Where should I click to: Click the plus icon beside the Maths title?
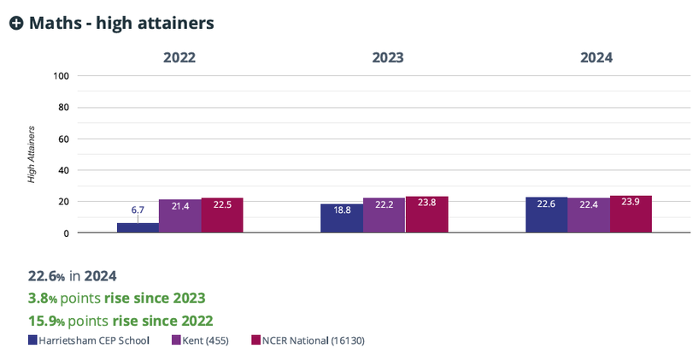pyautogui.click(x=16, y=24)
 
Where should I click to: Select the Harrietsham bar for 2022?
pyautogui.click(x=137, y=227)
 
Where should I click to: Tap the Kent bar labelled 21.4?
pyautogui.click(x=179, y=216)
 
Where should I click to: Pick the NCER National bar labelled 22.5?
pyautogui.click(x=222, y=215)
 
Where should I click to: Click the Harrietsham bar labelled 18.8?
pyautogui.click(x=341, y=218)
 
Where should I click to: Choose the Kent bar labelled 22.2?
pyautogui.click(x=384, y=215)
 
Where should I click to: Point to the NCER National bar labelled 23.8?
pyautogui.click(x=426, y=215)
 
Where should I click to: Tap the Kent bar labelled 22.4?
pyautogui.click(x=588, y=215)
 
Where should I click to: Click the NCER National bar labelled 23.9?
pyautogui.click(x=631, y=215)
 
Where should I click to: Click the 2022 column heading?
pyautogui.click(x=179, y=58)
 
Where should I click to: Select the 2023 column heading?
pyautogui.click(x=387, y=58)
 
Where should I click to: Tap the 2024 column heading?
pyautogui.click(x=596, y=58)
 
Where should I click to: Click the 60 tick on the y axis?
pyautogui.click(x=62, y=139)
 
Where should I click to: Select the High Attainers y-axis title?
pyautogui.click(x=32, y=155)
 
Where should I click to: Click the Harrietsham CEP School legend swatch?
pyautogui.click(x=32, y=340)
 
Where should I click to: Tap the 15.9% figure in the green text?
pyautogui.click(x=50, y=321)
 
